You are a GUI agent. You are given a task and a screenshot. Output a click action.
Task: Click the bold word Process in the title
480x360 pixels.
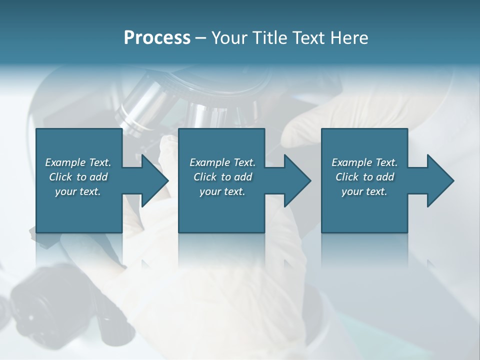coord(157,38)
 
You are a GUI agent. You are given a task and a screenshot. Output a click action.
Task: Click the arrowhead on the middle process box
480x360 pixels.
coord(296,180)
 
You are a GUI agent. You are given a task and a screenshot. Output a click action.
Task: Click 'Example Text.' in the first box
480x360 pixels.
coord(78,162)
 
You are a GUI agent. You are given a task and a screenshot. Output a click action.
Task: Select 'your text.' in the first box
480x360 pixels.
coord(78,191)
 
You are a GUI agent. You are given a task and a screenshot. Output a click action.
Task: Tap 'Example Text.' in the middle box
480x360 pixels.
coord(222,162)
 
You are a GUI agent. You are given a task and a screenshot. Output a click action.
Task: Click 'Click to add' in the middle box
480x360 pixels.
coord(222,177)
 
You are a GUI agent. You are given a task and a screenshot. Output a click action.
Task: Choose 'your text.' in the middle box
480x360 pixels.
coord(222,191)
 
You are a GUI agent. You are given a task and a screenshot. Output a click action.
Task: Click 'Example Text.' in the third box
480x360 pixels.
coord(364,162)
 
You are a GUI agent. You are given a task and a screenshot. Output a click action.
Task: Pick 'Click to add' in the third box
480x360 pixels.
coord(364,177)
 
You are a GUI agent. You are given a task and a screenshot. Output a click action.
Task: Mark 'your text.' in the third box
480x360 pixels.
coord(364,191)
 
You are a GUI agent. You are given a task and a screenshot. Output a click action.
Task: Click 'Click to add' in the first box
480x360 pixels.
coord(78,177)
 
